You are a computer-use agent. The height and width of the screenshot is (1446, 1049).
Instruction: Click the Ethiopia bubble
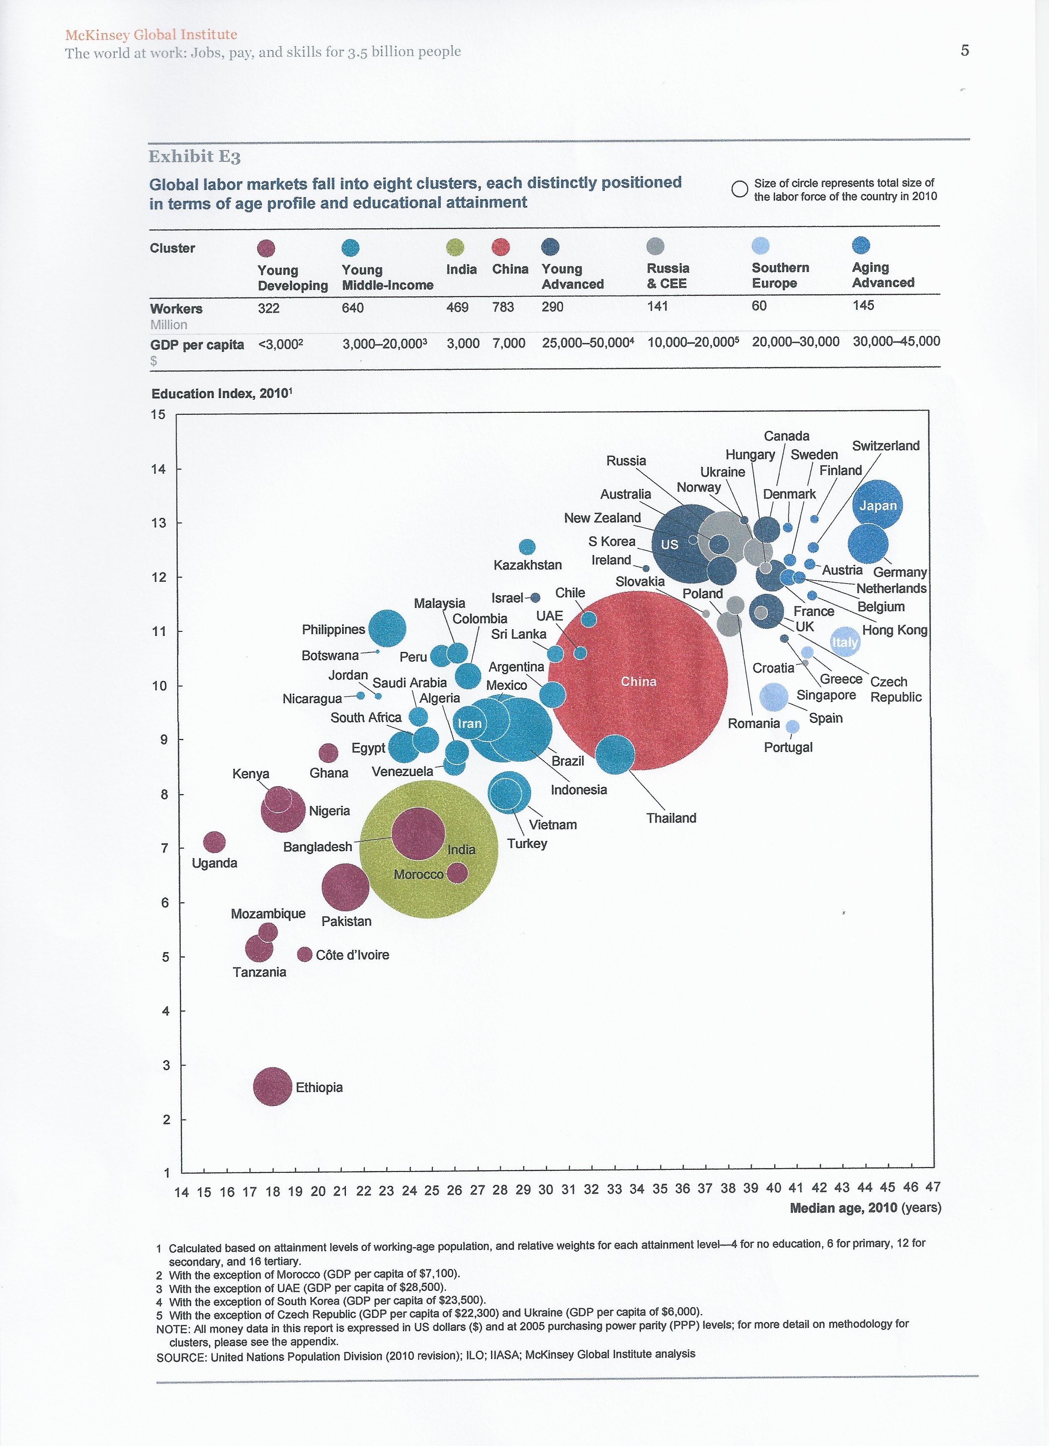click(x=273, y=1087)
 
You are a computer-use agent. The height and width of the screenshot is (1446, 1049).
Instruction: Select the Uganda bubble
click(x=214, y=842)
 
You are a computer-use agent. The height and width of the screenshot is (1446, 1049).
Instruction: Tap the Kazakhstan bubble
click(x=527, y=547)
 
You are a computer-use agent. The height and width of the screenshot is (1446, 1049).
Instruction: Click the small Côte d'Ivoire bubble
click(x=305, y=955)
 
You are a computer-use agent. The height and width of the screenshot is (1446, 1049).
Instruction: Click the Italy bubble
click(x=845, y=642)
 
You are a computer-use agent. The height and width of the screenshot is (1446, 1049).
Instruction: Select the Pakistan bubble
click(x=345, y=887)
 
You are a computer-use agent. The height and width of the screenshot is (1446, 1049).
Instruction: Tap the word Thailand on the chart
click(x=671, y=818)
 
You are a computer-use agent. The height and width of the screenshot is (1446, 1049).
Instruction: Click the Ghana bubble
click(x=328, y=753)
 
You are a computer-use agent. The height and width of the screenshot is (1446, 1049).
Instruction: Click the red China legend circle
click(x=501, y=247)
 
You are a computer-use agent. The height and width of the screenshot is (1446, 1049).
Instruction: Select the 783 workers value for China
click(x=503, y=307)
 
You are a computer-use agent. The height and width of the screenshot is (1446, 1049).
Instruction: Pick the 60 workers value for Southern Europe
click(x=759, y=306)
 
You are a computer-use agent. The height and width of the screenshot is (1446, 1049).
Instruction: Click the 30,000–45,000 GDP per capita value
click(x=896, y=341)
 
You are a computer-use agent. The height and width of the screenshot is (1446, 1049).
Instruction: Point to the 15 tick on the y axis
click(x=158, y=415)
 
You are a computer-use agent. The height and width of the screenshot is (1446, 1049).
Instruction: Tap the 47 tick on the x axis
click(x=933, y=1187)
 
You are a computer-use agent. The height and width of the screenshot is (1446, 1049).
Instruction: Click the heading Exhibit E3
click(x=195, y=157)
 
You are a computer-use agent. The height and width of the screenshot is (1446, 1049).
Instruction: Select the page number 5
click(x=965, y=50)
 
